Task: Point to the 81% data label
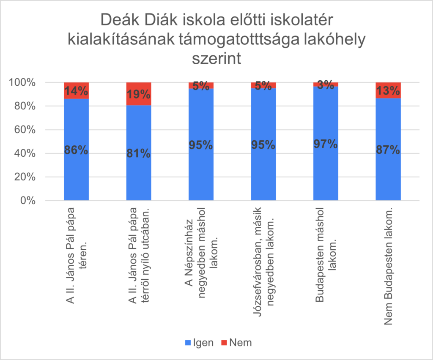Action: tap(139, 153)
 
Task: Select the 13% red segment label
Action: tap(388, 91)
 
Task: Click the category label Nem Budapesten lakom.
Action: tap(388, 267)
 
